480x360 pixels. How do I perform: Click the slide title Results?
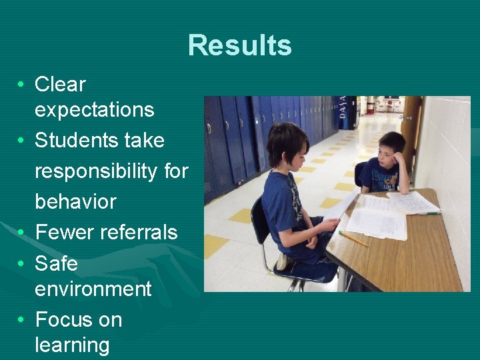(240, 45)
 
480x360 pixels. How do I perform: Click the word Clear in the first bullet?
(60, 85)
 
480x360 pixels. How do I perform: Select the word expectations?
(94, 110)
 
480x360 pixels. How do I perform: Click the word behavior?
(75, 201)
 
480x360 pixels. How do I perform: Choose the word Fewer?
(65, 232)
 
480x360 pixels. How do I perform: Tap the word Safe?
(56, 263)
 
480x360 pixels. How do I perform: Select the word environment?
(93, 289)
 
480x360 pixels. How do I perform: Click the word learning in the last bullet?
(72, 345)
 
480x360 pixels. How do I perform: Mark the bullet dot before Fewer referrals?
(23, 233)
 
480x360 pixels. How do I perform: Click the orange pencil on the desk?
(353, 239)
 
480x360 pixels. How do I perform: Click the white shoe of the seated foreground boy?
(283, 261)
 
